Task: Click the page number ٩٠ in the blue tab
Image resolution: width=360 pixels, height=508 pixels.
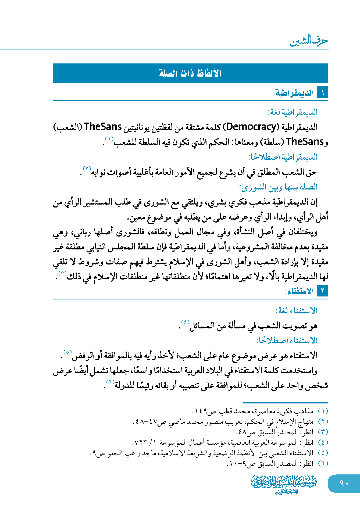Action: [x=344, y=483]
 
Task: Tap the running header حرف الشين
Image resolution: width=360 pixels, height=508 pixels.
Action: [x=309, y=41]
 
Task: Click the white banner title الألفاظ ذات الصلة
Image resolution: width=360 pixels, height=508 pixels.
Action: [x=190, y=73]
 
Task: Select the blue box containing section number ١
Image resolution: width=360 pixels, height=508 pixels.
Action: [x=322, y=93]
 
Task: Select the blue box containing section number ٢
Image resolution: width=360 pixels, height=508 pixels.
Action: [x=322, y=291]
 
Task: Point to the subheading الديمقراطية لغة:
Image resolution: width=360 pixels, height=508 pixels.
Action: [x=293, y=112]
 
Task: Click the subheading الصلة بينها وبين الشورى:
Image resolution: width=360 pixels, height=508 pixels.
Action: [x=278, y=187]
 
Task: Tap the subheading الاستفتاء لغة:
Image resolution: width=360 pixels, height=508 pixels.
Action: [x=297, y=311]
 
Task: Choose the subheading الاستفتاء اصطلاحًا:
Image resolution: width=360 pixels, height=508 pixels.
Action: [x=287, y=341]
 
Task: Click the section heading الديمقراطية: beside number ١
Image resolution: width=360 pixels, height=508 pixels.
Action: [x=294, y=93]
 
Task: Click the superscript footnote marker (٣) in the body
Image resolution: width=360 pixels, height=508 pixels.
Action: [x=62, y=273]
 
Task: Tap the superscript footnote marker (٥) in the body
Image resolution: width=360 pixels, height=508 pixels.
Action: [x=67, y=352]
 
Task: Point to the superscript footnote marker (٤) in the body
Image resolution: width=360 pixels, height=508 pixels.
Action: [x=185, y=322]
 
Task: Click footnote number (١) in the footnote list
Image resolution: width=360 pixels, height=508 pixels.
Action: [x=323, y=411]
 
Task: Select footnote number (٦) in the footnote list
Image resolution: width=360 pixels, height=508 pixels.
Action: [x=323, y=463]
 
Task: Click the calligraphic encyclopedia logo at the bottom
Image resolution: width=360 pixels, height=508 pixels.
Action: [x=284, y=484]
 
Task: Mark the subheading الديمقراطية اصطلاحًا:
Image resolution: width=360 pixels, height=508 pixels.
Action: [x=283, y=157]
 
